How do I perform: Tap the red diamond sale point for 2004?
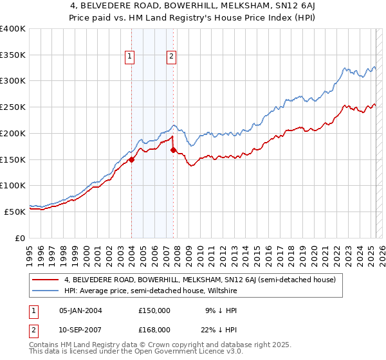pyautogui.click(x=131, y=160)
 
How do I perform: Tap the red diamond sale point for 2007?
pyautogui.click(x=173, y=150)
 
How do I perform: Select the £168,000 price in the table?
pyautogui.click(x=154, y=329)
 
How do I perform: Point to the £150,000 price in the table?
pyautogui.click(x=154, y=310)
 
